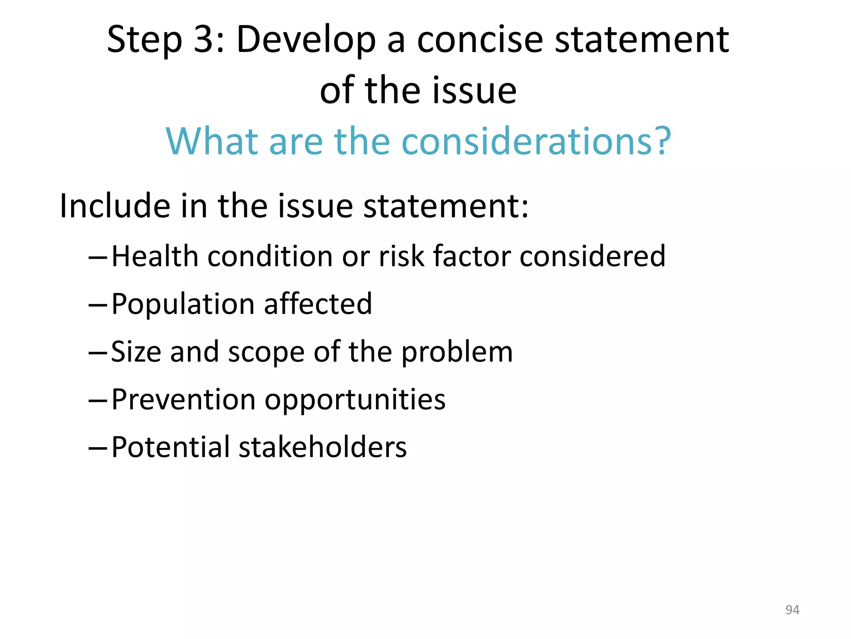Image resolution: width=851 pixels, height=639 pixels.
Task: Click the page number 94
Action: pos(792,610)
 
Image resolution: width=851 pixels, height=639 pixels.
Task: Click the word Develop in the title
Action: pos(306,40)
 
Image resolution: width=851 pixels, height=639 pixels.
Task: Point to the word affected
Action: pos(318,304)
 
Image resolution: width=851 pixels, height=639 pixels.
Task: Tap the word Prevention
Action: pos(183,400)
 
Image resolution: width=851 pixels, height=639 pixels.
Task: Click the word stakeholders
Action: pos(322,448)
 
